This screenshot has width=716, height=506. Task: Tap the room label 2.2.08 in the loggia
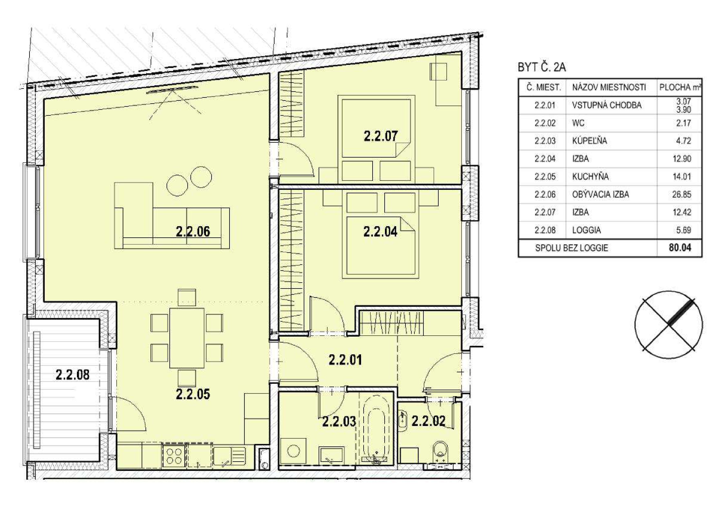(73, 374)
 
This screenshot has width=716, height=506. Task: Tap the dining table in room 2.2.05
(187, 338)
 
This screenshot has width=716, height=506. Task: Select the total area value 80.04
(680, 248)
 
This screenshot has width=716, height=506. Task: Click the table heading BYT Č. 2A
(542, 67)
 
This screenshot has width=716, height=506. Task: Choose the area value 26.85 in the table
(682, 195)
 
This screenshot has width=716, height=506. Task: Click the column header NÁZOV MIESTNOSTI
(609, 87)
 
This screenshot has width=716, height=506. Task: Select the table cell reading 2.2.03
(545, 141)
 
